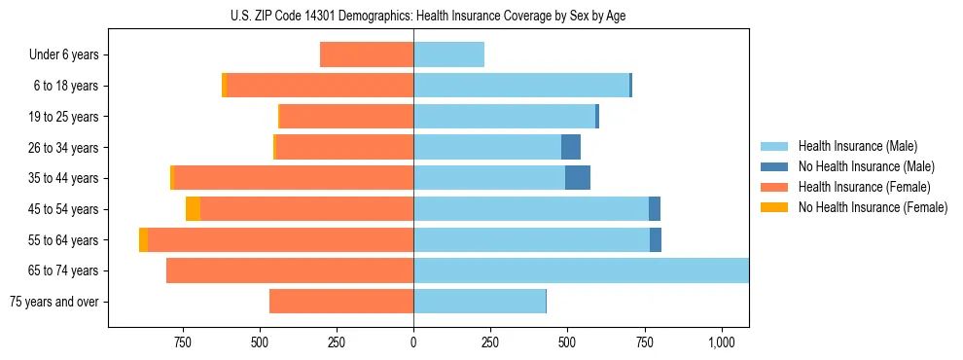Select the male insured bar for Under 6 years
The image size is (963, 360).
[x=448, y=54]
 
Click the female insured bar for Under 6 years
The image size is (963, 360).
[x=367, y=54]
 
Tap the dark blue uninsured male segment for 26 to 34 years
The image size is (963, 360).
[x=571, y=147]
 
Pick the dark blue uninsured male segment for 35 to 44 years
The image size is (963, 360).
[x=578, y=178]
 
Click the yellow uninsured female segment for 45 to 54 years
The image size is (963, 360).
[x=193, y=209]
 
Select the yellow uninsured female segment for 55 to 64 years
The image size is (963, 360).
[x=143, y=240]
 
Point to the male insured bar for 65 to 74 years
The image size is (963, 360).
[x=581, y=270]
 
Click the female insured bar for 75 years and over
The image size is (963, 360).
[x=341, y=302]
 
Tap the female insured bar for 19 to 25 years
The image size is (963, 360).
[x=346, y=117]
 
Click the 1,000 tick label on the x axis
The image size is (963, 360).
[x=721, y=342]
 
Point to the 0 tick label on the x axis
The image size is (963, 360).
[x=413, y=342]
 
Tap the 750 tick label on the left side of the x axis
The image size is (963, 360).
[x=182, y=342]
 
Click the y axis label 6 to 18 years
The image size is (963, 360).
[x=66, y=86]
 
